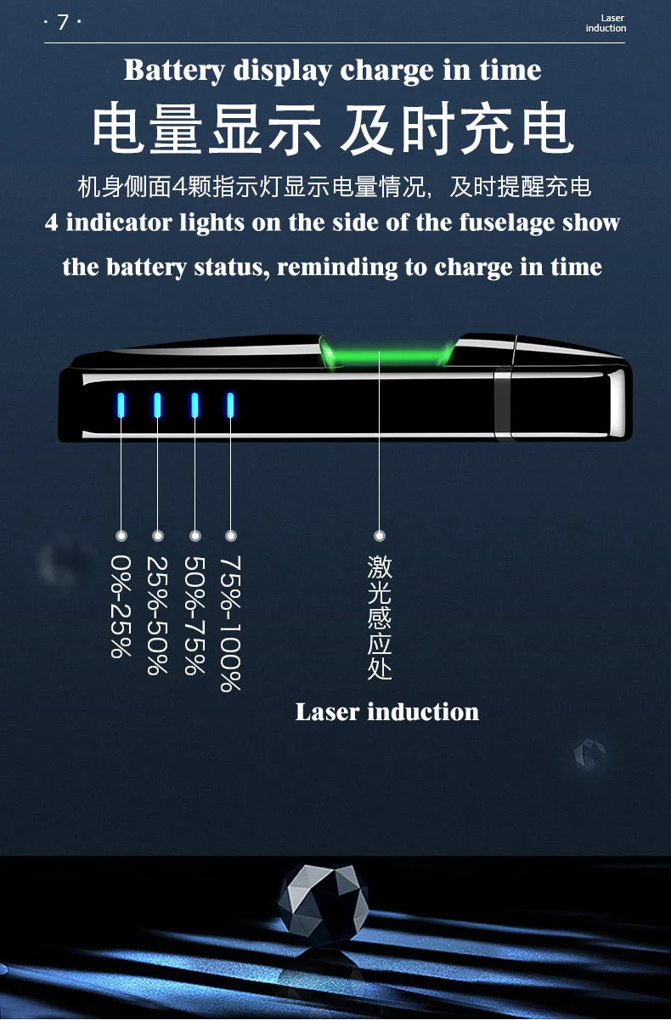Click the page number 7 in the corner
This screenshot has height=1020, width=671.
point(62,23)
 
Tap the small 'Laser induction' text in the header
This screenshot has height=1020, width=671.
point(606,23)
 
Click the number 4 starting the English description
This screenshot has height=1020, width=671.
point(52,223)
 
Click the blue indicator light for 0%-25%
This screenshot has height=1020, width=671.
point(121,405)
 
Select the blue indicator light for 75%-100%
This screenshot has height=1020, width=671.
point(230,405)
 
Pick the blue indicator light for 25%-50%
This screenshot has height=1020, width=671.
point(157,405)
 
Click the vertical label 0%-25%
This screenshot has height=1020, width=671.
point(121,606)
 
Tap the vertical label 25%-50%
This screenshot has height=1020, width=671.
point(157,615)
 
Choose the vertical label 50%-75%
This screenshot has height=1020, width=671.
point(195,615)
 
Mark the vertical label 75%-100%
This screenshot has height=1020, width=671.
point(231,623)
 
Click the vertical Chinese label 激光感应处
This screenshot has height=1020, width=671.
point(380,617)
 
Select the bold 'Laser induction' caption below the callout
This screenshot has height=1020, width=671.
point(386,712)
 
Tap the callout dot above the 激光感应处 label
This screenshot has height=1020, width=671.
point(380,536)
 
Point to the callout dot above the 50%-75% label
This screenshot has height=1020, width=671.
point(195,536)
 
